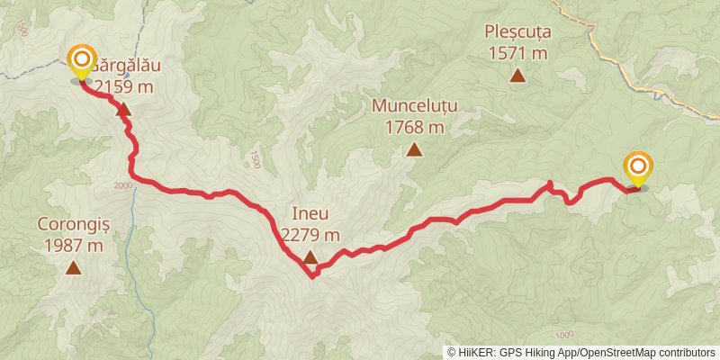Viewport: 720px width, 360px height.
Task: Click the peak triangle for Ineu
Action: pyautogui.click(x=310, y=258)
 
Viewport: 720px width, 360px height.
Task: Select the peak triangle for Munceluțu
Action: pyautogui.click(x=414, y=150)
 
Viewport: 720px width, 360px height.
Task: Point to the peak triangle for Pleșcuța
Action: pyautogui.click(x=517, y=76)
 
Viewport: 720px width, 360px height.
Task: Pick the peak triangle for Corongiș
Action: pyautogui.click(x=73, y=267)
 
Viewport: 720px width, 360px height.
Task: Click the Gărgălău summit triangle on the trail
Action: pyautogui.click(x=123, y=111)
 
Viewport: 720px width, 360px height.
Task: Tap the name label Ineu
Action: pyautogui.click(x=310, y=214)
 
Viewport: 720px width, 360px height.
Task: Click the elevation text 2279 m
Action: pyautogui.click(x=310, y=235)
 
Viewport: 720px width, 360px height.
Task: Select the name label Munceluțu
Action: pyautogui.click(x=415, y=106)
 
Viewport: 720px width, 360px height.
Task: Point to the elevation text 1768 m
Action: pyautogui.click(x=415, y=127)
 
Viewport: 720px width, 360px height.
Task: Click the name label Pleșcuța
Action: pyautogui.click(x=517, y=31)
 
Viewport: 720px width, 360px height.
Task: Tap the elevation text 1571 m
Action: pyautogui.click(x=517, y=53)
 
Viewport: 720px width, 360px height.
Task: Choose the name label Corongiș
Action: pyautogui.click(x=73, y=224)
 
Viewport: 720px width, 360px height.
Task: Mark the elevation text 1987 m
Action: pyautogui.click(x=73, y=245)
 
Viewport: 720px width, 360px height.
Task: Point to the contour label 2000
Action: pyautogui.click(x=123, y=185)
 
